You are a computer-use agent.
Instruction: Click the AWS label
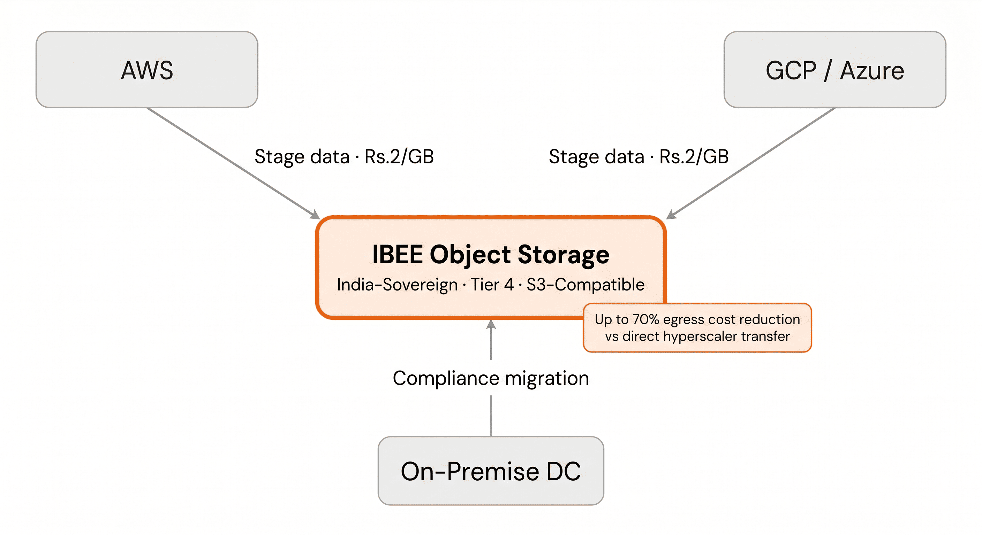click(x=147, y=70)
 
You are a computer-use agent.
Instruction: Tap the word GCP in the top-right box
click(x=791, y=70)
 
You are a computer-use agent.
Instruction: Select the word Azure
click(x=872, y=71)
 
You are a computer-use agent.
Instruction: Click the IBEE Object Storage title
click(x=491, y=254)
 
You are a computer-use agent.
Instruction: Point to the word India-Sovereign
click(x=397, y=285)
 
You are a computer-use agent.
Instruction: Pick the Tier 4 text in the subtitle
click(x=492, y=285)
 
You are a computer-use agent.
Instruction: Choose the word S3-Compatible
click(x=586, y=285)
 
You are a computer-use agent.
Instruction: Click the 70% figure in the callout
click(x=646, y=319)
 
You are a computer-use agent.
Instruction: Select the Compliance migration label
click(x=491, y=379)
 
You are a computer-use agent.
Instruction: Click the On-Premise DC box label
click(x=491, y=471)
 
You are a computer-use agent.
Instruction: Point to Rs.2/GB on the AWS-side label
click(x=399, y=156)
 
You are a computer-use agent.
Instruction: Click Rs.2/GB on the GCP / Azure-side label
click(x=694, y=156)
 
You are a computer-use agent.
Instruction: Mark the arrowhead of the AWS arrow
click(x=316, y=215)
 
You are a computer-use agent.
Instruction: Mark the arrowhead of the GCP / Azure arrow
click(x=671, y=215)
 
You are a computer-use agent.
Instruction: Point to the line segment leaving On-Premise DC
click(x=491, y=416)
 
